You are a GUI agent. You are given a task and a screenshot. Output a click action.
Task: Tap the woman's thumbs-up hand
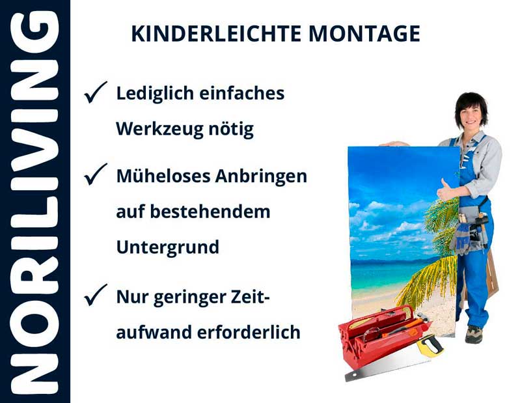[447, 191]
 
